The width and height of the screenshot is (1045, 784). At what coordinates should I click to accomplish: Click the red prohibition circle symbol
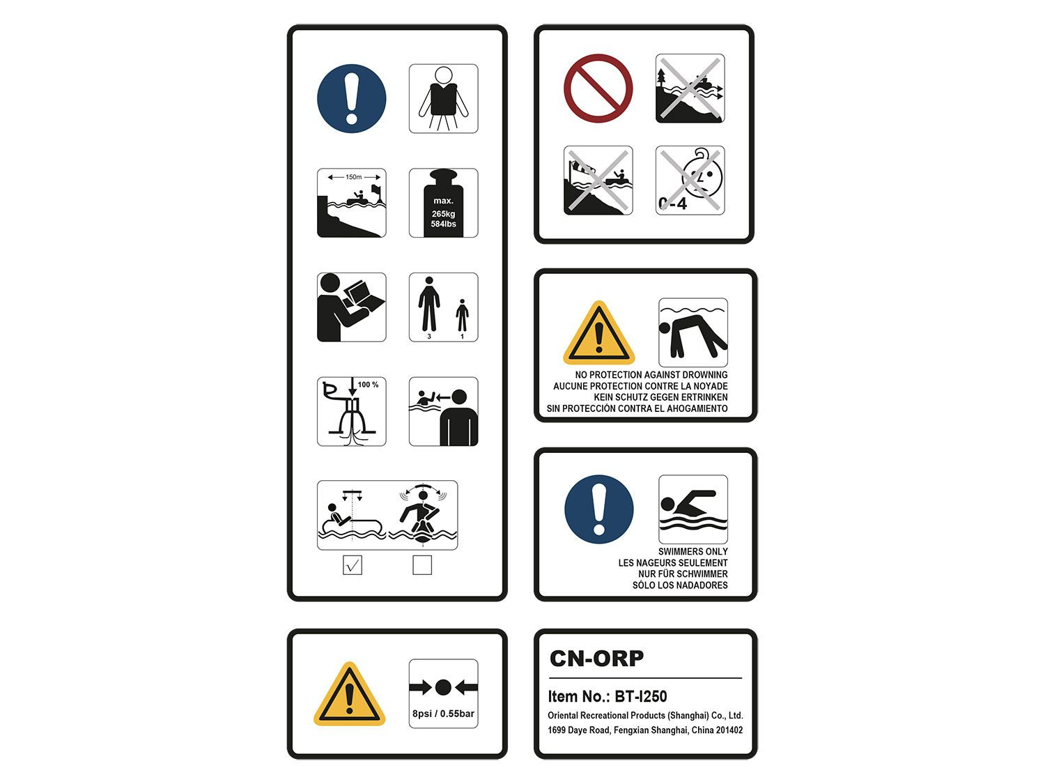(598, 89)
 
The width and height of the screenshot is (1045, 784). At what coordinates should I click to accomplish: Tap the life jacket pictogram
(443, 98)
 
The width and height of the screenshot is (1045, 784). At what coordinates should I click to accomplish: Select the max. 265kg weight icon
(443, 203)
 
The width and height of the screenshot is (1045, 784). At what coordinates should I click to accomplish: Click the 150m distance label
(354, 177)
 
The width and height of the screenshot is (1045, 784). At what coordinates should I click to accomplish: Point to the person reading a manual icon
(351, 307)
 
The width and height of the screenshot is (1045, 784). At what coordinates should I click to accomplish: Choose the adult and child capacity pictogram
(443, 307)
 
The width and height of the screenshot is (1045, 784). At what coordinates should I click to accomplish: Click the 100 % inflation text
(368, 385)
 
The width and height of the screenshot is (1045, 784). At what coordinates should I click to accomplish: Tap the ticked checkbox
(353, 565)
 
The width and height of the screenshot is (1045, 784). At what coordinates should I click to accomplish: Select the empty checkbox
(422, 565)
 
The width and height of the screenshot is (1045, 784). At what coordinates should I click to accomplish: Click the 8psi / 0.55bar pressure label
(443, 714)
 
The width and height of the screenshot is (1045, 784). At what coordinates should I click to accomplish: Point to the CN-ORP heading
(596, 659)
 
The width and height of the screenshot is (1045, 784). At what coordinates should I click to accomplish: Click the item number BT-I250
(640, 696)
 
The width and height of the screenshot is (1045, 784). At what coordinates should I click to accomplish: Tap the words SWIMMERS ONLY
(692, 551)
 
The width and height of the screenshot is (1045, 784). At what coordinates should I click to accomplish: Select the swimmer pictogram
(693, 509)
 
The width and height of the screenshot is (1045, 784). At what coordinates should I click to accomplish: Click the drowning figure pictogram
(693, 332)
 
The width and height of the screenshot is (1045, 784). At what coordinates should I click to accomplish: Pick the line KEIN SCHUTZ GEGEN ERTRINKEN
(660, 397)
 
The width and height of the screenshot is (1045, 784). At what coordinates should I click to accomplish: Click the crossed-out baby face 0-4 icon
(690, 180)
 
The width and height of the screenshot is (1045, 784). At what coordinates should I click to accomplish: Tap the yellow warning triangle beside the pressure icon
(350, 695)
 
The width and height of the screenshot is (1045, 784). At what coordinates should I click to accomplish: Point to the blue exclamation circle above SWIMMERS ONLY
(599, 509)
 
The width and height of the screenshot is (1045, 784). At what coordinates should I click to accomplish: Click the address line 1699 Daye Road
(645, 730)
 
